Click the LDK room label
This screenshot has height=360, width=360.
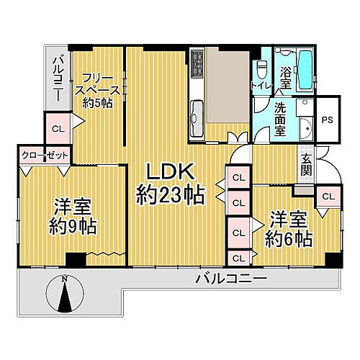point(171,171)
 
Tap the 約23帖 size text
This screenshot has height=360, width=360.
point(171,194)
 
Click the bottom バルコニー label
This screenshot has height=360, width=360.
point(231,277)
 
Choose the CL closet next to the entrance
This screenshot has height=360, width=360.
point(328,197)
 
